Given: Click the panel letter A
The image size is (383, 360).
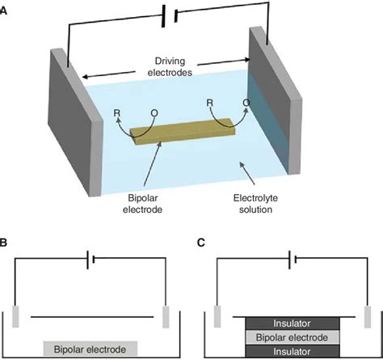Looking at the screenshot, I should pyautogui.click(x=7, y=9).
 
